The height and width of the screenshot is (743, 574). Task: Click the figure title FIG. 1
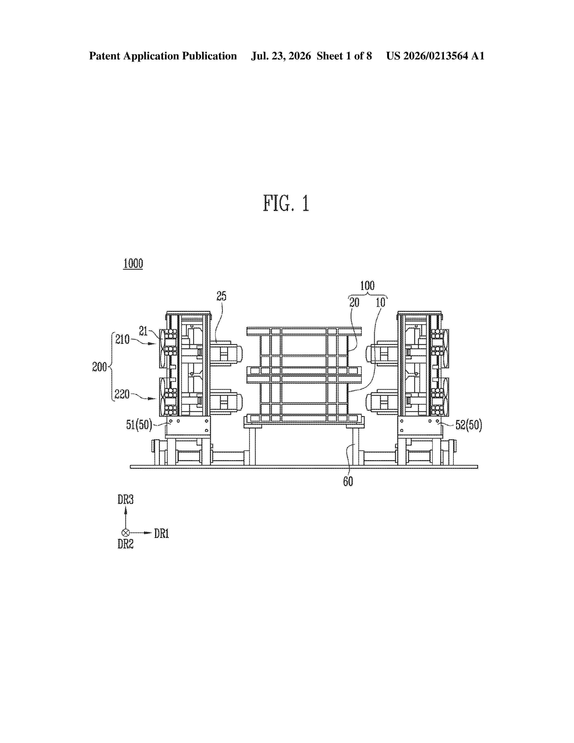pyautogui.click(x=286, y=204)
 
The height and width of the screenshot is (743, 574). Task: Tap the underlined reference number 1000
pyautogui.click(x=133, y=263)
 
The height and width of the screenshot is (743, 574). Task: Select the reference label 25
pyautogui.click(x=221, y=296)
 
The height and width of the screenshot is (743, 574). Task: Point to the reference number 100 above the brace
pyautogui.click(x=367, y=285)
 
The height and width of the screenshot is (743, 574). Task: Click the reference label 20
pyautogui.click(x=354, y=302)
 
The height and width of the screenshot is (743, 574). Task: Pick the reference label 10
pyautogui.click(x=380, y=302)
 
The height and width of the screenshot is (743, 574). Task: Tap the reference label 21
pyautogui.click(x=143, y=331)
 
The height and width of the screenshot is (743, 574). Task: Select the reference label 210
pyautogui.click(x=122, y=339)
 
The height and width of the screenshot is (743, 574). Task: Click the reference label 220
pyautogui.click(x=122, y=394)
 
